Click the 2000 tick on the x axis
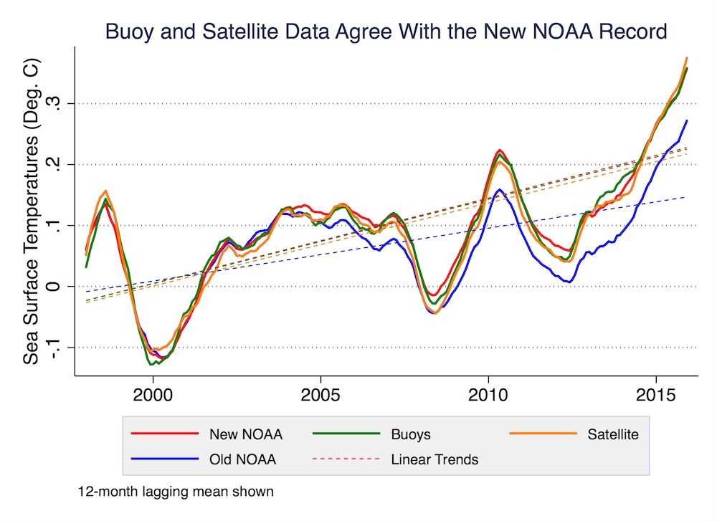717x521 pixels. tap(152, 396)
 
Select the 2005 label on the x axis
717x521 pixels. tap(320, 396)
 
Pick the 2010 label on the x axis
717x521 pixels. tap(488, 396)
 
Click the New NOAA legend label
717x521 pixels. tap(245, 434)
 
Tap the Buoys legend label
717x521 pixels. tap(411, 434)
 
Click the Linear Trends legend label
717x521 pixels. tap(435, 459)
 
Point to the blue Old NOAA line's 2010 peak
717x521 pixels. tap(500, 190)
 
